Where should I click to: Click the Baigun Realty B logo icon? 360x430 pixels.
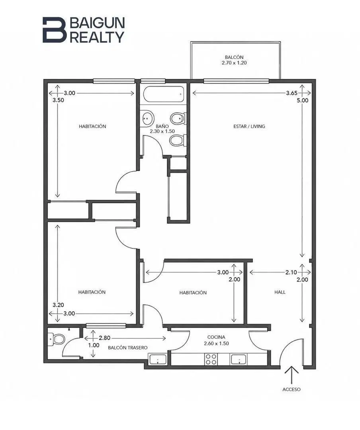tap(54, 30)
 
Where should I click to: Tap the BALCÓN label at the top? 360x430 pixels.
tap(234, 57)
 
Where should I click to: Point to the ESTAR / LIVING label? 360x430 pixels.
tap(249, 127)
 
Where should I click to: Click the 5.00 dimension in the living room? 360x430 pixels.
tap(302, 100)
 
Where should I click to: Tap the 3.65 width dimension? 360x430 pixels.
tap(292, 93)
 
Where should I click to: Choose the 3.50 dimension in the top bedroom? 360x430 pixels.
tap(58, 100)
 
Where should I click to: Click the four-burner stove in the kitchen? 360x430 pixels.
tap(211, 359)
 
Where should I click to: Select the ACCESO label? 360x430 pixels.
tap(292, 389)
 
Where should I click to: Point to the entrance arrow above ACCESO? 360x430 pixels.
tap(292, 375)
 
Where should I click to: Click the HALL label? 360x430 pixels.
tap(280, 292)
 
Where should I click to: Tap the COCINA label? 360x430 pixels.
tap(216, 337)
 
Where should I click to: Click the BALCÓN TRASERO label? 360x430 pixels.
tap(127, 348)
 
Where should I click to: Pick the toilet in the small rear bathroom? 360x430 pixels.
tap(56, 339)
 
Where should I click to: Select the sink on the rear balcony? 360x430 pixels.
tap(158, 359)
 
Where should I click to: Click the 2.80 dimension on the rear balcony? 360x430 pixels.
tap(105, 338)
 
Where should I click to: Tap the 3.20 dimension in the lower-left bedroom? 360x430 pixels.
tap(58, 305)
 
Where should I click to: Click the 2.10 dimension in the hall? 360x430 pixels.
tap(291, 272)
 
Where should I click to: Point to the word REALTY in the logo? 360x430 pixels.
tap(97, 37)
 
